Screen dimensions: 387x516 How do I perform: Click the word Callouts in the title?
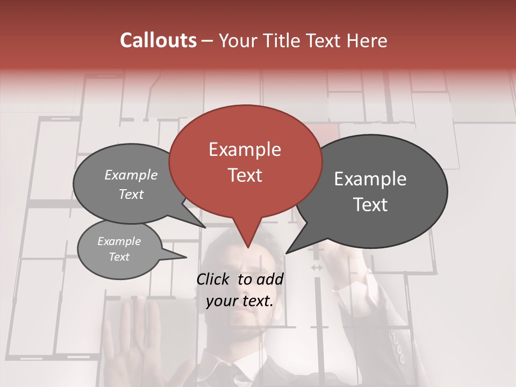pyautogui.click(x=158, y=40)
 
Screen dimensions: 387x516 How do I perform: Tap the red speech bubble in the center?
pyautogui.click(x=246, y=161)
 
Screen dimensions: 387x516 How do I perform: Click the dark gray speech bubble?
pyautogui.click(x=371, y=191)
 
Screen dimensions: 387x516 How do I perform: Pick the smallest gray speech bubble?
pyautogui.click(x=119, y=249)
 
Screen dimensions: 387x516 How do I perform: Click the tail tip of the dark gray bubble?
pyautogui.click(x=286, y=253)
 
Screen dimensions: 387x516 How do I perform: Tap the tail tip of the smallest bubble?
pyautogui.click(x=186, y=257)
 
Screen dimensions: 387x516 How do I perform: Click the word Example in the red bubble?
pyautogui.click(x=245, y=149)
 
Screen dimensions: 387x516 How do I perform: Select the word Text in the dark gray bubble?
pyautogui.click(x=371, y=205)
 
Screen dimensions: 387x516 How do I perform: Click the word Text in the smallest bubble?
pyautogui.click(x=119, y=257)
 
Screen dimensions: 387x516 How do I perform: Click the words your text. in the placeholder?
pyautogui.click(x=240, y=301)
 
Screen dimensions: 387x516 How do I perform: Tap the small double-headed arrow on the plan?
pyautogui.click(x=317, y=267)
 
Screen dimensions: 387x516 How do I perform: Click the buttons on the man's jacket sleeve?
pyautogui.click(x=398, y=349)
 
